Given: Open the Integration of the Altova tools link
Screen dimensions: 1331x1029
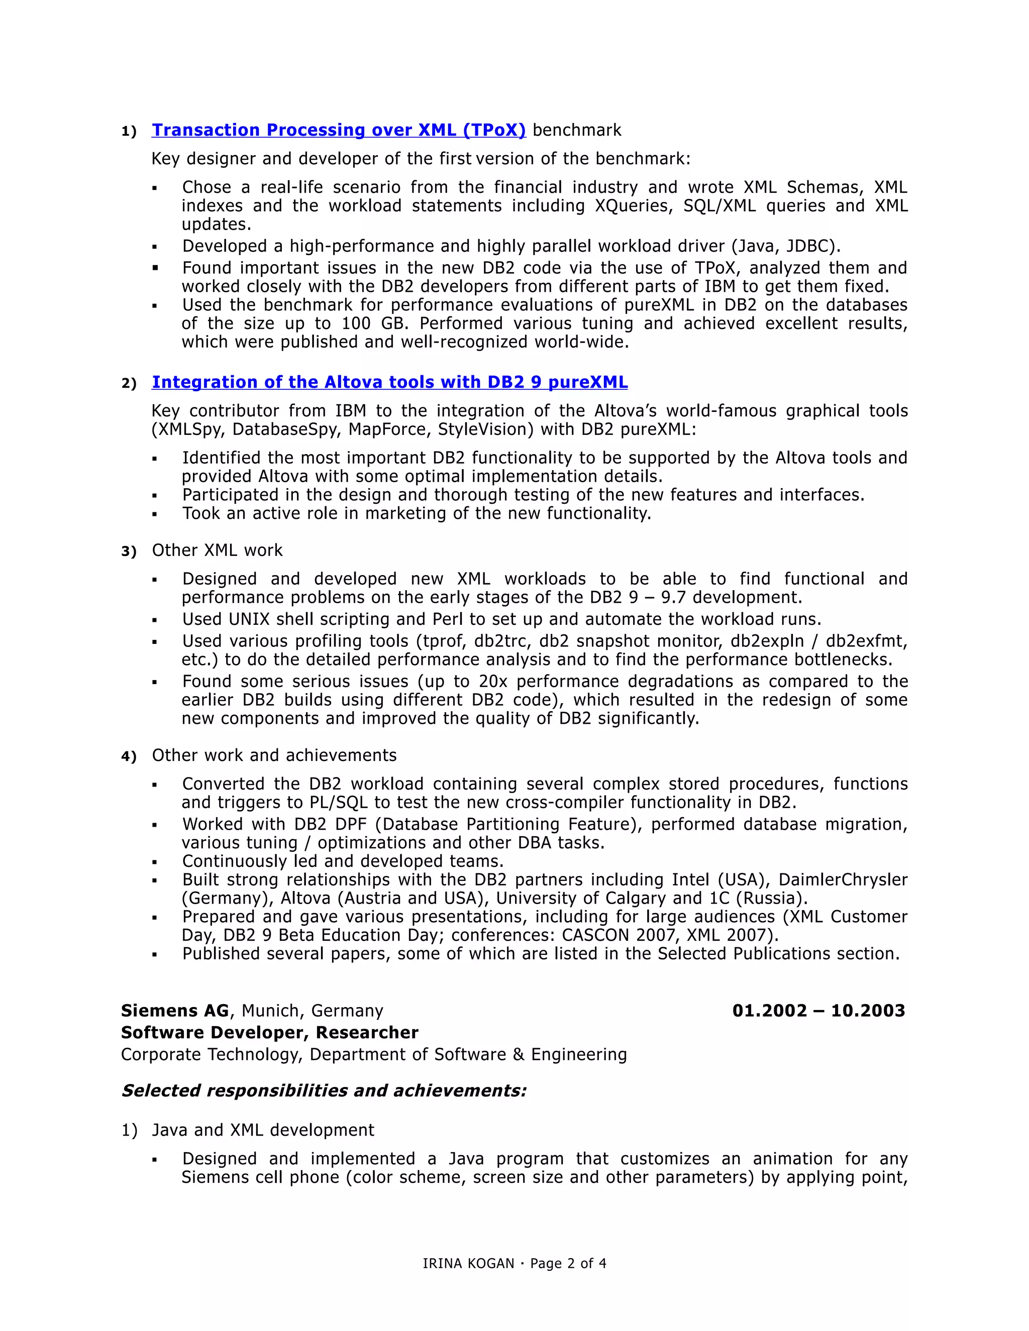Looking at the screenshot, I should click(389, 382).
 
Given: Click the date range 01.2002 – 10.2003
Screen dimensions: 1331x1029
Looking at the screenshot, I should click(818, 1011).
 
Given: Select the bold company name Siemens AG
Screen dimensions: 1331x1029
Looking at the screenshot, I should click(174, 1011).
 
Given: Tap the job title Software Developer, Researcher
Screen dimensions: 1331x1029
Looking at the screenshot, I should click(269, 1032).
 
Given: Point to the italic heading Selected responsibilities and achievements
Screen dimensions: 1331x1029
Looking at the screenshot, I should click(323, 1090).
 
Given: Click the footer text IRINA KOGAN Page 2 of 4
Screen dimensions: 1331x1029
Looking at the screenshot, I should click(514, 1263).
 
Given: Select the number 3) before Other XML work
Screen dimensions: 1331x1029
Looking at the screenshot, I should click(129, 551).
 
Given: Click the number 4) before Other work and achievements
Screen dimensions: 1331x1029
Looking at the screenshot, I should click(129, 756).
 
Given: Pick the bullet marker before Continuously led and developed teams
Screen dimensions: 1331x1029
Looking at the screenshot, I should click(155, 862).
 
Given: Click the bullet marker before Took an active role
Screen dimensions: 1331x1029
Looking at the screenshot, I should click(155, 514).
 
